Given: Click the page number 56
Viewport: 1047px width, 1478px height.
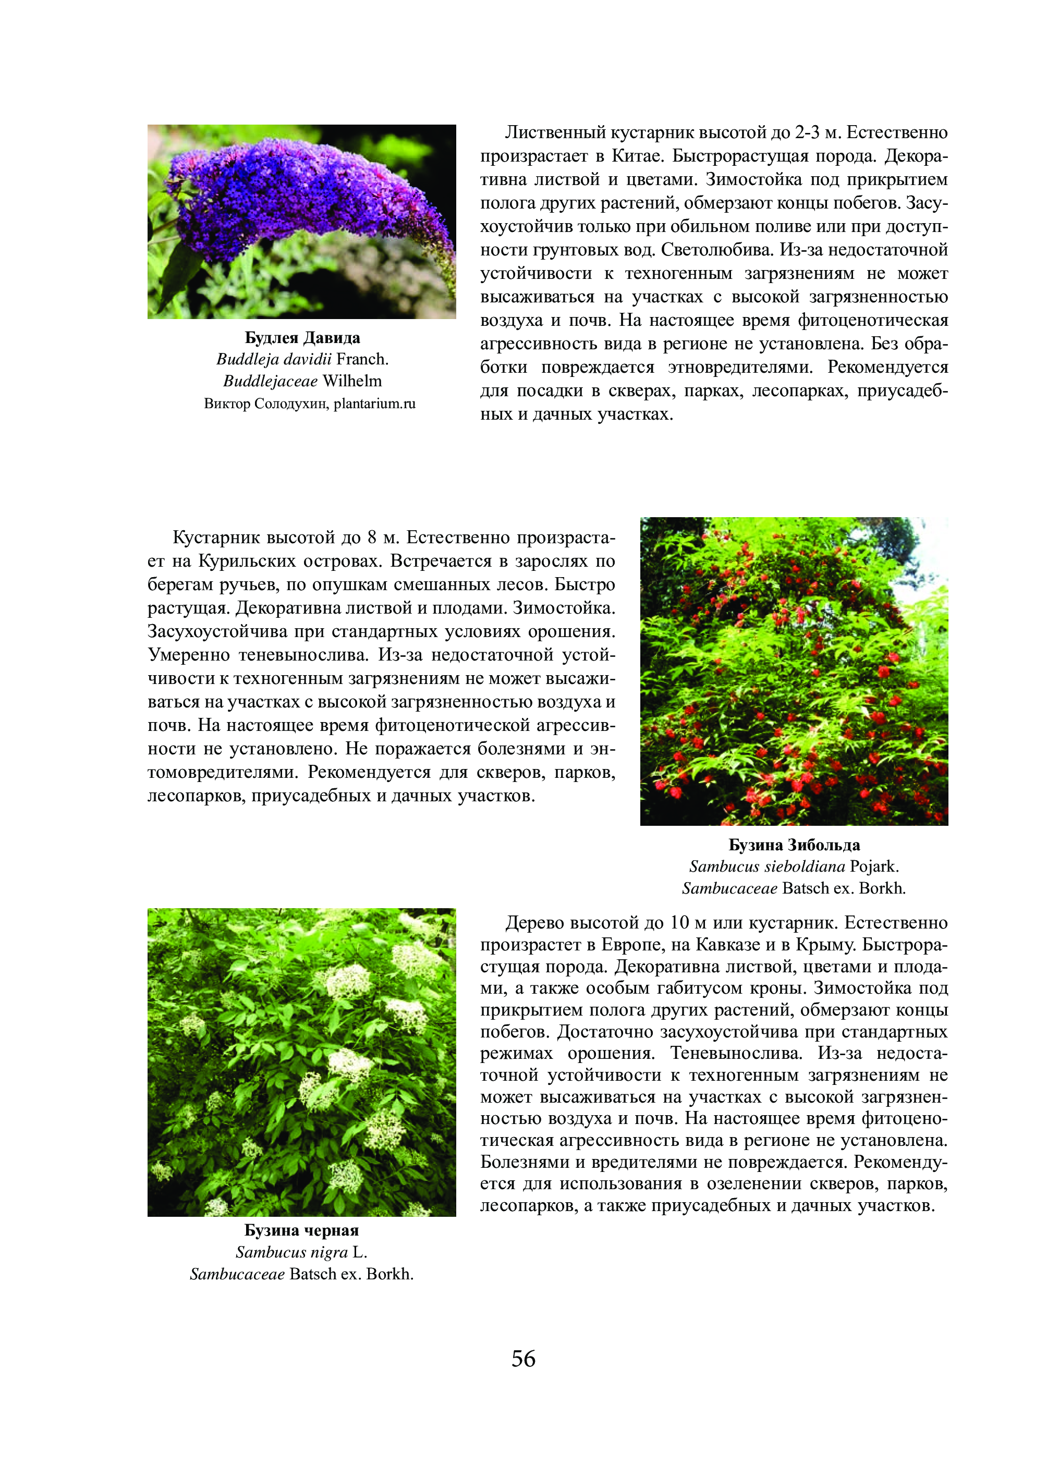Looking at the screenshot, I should coord(523,1359).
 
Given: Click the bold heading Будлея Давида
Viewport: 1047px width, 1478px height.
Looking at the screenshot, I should coord(302,338).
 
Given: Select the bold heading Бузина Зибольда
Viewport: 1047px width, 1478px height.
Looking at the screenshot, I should coord(794,845).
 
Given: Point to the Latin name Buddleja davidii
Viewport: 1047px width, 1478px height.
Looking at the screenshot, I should coord(274,359).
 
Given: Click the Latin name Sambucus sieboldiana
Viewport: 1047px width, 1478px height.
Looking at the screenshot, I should coord(766,866).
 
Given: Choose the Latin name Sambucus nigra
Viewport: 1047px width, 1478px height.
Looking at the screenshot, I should coord(291,1252).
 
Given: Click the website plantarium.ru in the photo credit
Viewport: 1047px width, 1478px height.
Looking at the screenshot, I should coord(374,404).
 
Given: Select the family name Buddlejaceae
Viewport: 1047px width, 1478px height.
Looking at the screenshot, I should coord(270,381).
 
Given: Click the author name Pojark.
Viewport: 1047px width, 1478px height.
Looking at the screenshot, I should coord(874,866).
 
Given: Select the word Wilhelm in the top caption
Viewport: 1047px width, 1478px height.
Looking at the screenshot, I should coord(352,381).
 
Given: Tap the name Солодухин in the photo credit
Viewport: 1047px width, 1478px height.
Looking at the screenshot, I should coord(289,404).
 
